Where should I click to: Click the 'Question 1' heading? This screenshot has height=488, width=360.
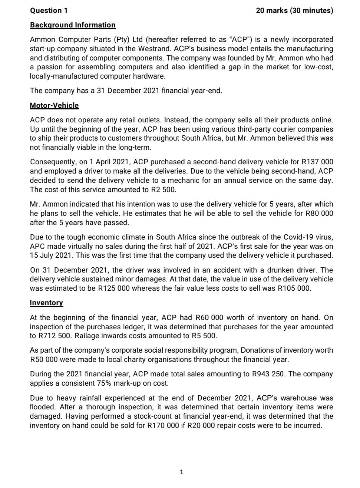(x=49, y=10)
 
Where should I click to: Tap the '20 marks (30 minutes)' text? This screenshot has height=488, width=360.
(x=294, y=10)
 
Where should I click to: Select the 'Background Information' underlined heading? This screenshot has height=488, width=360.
(x=73, y=25)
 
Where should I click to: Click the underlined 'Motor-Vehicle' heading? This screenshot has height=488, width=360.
(x=54, y=105)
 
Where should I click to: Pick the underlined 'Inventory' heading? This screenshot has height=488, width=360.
(x=46, y=303)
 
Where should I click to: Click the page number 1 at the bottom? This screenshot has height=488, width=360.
(x=181, y=472)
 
